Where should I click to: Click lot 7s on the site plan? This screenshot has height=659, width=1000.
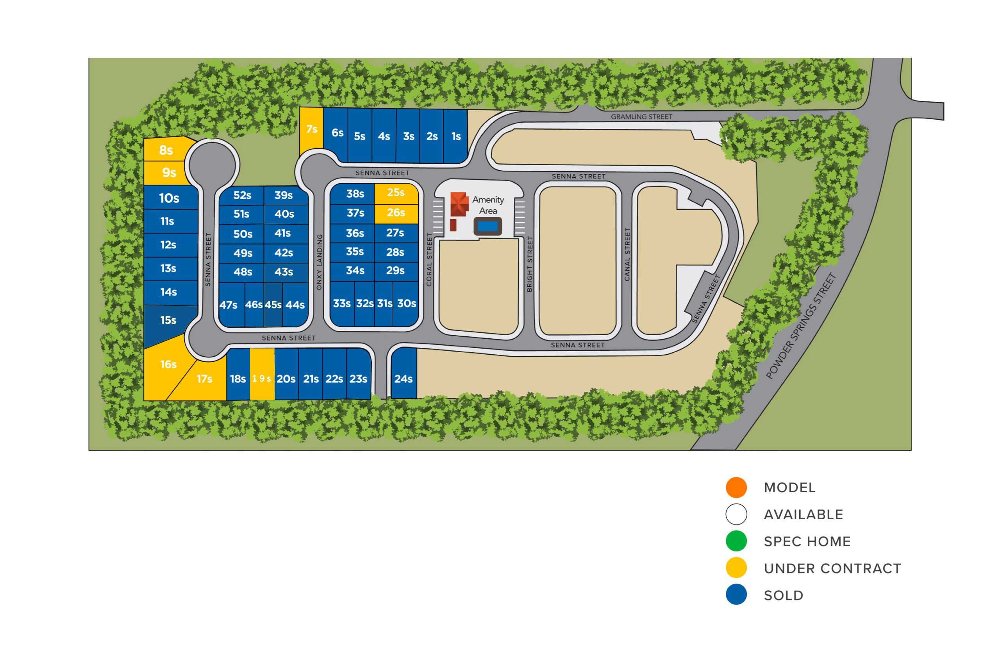pyautogui.click(x=311, y=130)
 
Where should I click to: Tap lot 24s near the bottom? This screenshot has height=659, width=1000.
pyautogui.click(x=404, y=373)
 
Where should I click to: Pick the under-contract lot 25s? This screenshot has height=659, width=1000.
pyautogui.click(x=396, y=193)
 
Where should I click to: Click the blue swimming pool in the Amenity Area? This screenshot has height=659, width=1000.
pyautogui.click(x=488, y=227)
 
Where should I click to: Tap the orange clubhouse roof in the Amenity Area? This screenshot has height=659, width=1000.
pyautogui.click(x=459, y=204)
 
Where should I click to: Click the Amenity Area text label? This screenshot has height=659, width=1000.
pyautogui.click(x=488, y=205)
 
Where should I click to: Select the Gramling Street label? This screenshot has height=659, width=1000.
pyautogui.click(x=641, y=117)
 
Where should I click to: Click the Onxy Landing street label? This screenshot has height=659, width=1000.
pyautogui.click(x=319, y=262)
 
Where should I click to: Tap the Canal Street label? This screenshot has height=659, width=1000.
pyautogui.click(x=628, y=255)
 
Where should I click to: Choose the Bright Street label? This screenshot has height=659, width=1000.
pyautogui.click(x=529, y=264)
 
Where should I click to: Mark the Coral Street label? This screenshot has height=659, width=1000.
pyautogui.click(x=429, y=260)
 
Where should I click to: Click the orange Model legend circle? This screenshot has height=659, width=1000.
pyautogui.click(x=736, y=488)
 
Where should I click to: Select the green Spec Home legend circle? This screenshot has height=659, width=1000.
pyautogui.click(x=736, y=541)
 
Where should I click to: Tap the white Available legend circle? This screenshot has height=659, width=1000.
pyautogui.click(x=736, y=514)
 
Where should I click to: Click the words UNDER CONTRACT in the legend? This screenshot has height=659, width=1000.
pyautogui.click(x=832, y=569)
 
